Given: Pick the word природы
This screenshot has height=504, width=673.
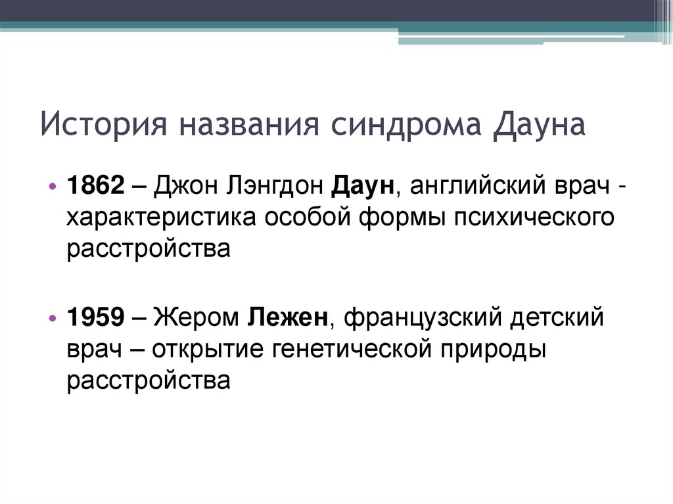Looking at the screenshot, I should [488, 349].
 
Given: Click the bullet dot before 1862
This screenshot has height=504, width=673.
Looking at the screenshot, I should [53, 187].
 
